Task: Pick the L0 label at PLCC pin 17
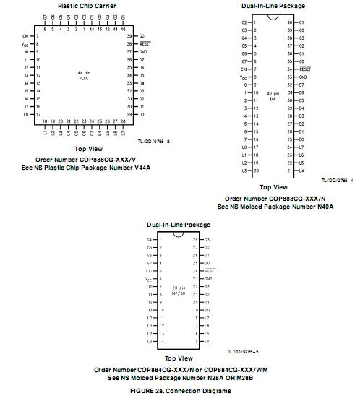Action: (26, 114)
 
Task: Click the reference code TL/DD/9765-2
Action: (153, 142)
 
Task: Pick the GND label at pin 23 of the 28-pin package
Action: (207, 278)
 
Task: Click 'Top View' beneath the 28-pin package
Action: (179, 358)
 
